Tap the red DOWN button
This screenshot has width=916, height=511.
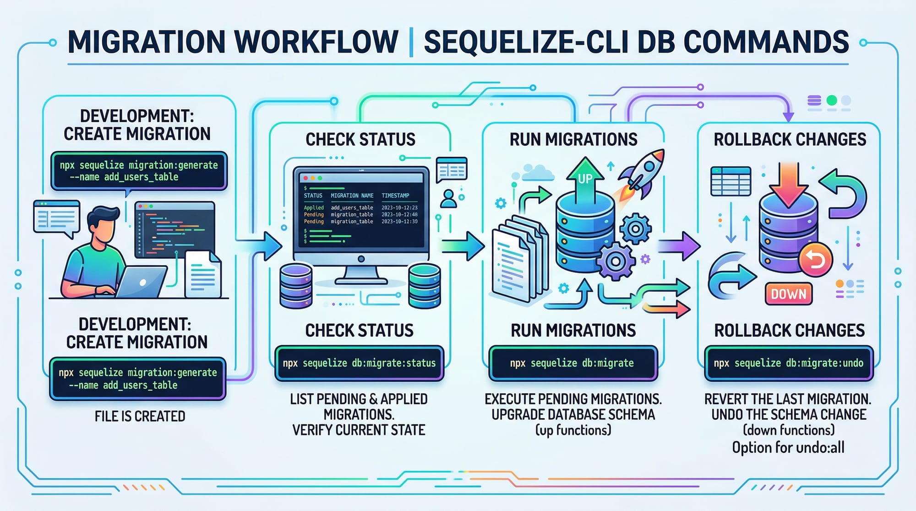[x=788, y=294]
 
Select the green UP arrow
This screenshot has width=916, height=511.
[x=585, y=179]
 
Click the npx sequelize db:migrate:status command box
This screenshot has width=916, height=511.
[x=359, y=363]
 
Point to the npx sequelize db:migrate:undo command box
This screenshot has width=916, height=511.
[x=788, y=363]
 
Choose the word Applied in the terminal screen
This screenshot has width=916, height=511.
[x=314, y=207]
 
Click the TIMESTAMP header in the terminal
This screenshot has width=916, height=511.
[x=395, y=196]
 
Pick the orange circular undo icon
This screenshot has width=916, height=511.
[x=815, y=260]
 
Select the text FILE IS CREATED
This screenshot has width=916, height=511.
[x=140, y=416]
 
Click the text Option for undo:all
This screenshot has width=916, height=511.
[x=788, y=447]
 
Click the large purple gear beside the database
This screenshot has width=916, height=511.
[x=616, y=261]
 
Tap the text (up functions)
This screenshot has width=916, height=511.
[x=573, y=430]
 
